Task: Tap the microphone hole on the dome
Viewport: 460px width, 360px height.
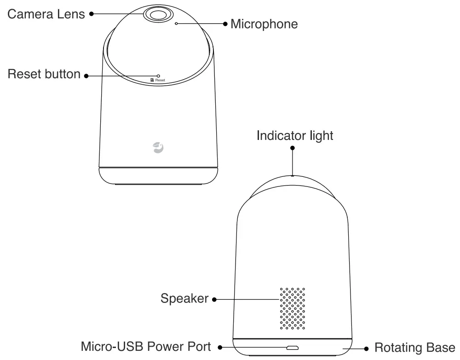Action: pos(176,23)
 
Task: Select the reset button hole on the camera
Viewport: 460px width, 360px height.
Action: pos(158,75)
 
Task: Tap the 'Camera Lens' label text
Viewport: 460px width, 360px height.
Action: pos(46,14)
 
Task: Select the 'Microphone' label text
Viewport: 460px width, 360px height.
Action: pos(264,23)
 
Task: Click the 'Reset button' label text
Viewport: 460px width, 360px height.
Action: pos(44,74)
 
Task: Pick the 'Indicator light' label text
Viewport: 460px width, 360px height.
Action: pos(295,136)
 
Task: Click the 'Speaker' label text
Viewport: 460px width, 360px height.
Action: pos(184,299)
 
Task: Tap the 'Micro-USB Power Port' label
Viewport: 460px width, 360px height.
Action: pos(146,347)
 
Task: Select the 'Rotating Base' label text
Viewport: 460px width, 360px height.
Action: pos(414,348)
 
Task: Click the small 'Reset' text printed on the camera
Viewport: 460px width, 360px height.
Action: pos(160,80)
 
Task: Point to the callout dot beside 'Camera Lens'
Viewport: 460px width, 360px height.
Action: pos(91,14)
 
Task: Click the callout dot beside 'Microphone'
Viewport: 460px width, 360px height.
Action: pos(225,23)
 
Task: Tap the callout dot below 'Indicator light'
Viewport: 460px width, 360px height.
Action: pos(293,148)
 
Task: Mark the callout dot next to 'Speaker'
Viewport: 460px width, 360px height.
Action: pos(214,299)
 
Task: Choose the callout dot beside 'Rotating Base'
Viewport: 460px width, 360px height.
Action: pos(367,348)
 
